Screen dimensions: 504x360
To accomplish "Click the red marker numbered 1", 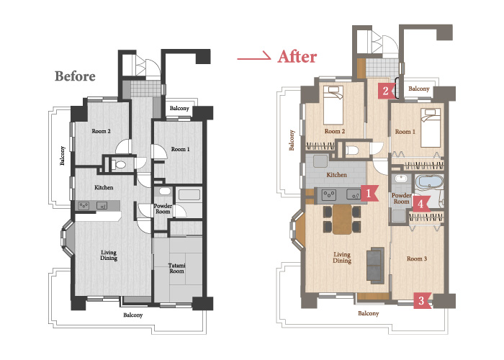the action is (x=369, y=193).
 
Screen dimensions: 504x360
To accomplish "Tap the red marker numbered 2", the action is (x=386, y=91).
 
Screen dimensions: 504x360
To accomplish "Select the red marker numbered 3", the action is (x=422, y=300).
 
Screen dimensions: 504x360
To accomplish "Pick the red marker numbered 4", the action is (x=420, y=204).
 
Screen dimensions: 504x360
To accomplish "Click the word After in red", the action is (x=297, y=57).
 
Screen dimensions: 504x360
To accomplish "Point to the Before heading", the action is (x=75, y=76).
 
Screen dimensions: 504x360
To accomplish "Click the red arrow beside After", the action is (x=254, y=56).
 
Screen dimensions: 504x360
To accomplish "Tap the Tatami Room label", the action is (x=177, y=268).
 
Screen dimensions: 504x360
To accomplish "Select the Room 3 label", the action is (x=417, y=258).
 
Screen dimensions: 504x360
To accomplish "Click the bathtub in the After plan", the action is (x=429, y=182).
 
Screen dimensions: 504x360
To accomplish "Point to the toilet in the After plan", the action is (x=351, y=150).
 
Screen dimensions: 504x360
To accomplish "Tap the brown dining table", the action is (x=342, y=219).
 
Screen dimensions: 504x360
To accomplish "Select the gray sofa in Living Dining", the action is (x=375, y=266).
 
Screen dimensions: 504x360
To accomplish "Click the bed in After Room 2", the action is (x=333, y=105).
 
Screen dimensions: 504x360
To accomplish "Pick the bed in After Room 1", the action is (x=431, y=127).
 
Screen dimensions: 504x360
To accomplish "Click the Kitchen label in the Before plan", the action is (x=104, y=187).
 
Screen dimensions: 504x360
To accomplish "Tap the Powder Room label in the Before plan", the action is (x=163, y=209).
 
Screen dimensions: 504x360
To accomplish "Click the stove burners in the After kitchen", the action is (x=330, y=194).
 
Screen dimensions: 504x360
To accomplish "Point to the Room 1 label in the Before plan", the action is (x=180, y=149).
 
